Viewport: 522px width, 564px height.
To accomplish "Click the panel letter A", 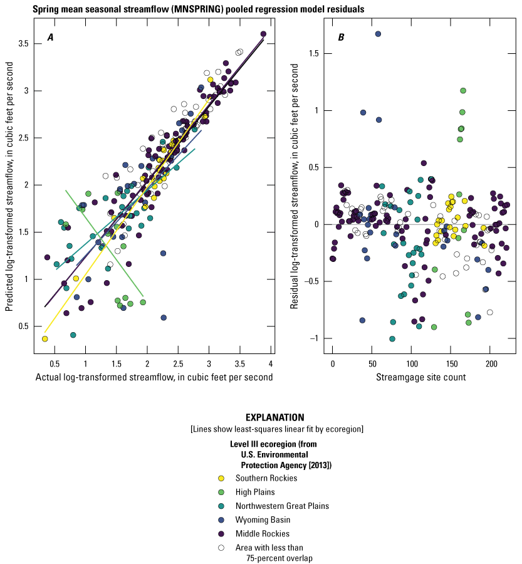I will click(50, 38).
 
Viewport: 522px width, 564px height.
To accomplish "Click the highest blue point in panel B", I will click(378, 34).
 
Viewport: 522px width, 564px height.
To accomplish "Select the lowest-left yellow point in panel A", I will click(45, 338).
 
